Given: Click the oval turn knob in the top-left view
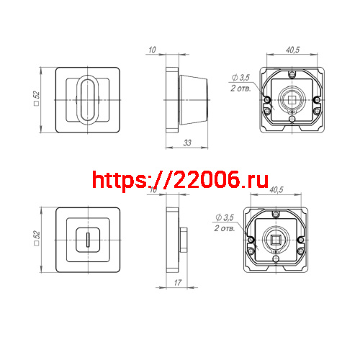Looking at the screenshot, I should point(86,100).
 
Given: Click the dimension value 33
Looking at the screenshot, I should point(186,144).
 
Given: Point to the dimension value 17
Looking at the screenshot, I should point(177,283).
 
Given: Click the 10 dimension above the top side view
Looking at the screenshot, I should point(151,50).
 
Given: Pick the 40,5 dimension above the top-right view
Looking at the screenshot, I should point(293,51).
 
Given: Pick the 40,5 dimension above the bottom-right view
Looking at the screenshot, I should point(276,191).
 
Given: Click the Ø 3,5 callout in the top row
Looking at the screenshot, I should point(240,78).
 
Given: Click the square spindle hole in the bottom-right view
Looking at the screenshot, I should point(276,239).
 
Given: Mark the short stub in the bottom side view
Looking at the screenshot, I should point(185,239).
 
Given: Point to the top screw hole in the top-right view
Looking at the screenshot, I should point(291,74).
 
